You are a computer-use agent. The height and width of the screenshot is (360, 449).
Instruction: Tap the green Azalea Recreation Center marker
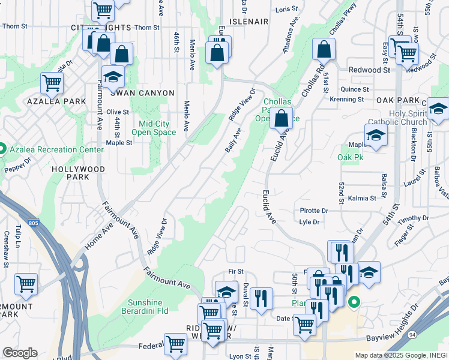(x=2, y=149)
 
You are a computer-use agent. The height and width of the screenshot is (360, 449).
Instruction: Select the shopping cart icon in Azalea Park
(x=52, y=83)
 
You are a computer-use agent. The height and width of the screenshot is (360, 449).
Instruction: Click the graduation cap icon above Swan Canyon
(x=112, y=77)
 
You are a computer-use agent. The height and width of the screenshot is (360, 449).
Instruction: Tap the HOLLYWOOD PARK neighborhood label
(x=78, y=173)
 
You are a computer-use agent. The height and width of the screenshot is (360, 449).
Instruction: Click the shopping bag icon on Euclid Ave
(x=281, y=118)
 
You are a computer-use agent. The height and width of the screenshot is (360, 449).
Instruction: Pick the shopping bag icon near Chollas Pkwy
(x=324, y=49)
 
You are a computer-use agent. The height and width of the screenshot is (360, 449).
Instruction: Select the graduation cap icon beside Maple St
(x=376, y=135)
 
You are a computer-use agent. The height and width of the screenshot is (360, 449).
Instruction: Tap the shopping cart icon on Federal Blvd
(x=175, y=344)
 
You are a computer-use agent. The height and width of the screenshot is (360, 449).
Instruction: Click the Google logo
(x=19, y=353)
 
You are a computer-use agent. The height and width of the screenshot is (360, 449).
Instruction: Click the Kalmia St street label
(x=362, y=197)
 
